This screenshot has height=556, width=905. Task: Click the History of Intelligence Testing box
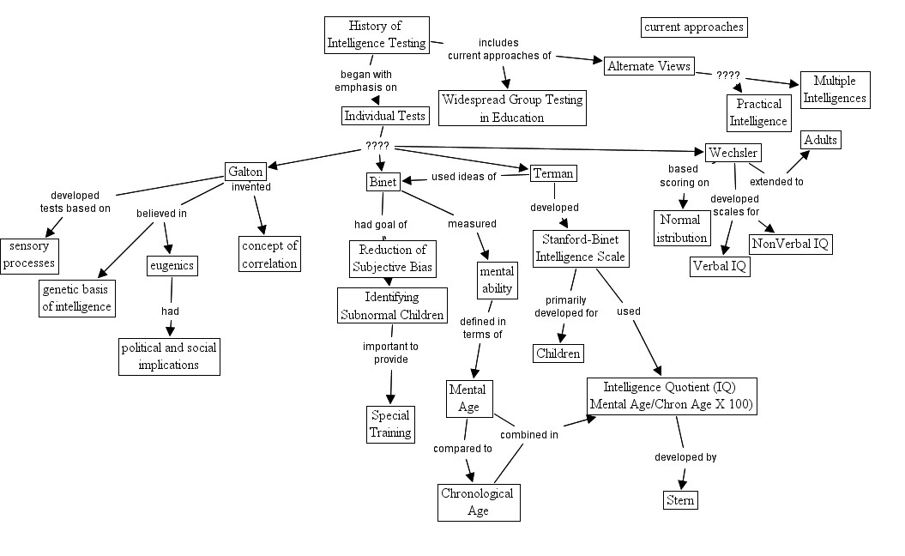pos(377,35)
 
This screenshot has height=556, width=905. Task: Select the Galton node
pos(245,171)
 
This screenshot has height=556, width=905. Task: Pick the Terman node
pos(553,173)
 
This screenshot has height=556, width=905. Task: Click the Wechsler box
pos(733,153)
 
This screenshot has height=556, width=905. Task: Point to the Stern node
pos(680,499)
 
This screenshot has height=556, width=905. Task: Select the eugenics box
pos(172,265)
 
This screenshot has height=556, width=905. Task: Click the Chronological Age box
pos(478,502)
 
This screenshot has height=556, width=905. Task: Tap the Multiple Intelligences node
pos(835,90)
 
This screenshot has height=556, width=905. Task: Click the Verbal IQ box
pos(720,266)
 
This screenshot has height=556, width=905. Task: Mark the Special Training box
pos(390,424)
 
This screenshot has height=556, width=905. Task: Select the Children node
pos(558,353)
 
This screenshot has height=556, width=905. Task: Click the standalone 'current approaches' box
pos(693,27)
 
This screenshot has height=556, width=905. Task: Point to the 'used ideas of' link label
pos(463,177)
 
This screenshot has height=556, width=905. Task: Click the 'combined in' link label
pos(529,435)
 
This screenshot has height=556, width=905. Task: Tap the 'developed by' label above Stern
pos(685,457)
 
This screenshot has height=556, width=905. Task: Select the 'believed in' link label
pos(162,213)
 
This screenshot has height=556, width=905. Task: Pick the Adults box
pos(820,140)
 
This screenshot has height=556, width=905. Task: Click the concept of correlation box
pos(269,254)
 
